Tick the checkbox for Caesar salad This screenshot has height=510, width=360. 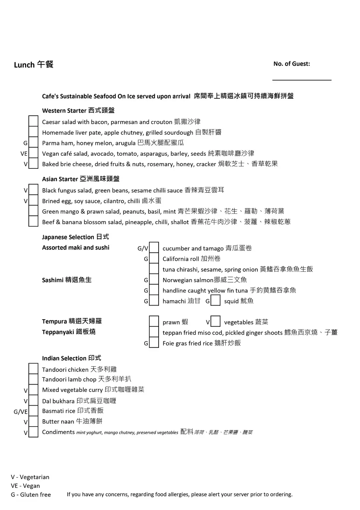pos(33,121)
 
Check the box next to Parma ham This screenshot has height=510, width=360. pos(33,143)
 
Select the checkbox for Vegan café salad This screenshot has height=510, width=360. pos(33,153)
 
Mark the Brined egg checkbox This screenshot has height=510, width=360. pos(33,201)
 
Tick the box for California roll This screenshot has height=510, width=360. pos(154,259)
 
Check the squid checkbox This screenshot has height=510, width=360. pos(216,301)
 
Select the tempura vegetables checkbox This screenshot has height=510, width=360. pos(216,322)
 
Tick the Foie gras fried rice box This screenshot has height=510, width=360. pos(154,343)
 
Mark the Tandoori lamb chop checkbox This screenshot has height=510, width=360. pos(33,379)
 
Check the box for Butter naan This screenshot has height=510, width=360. pos(33,422)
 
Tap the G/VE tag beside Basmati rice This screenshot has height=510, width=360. pos(21,412)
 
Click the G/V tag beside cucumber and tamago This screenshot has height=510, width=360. pos(143,248)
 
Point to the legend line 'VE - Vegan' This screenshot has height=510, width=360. pos(25,486)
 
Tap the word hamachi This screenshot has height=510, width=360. pos(174,301)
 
